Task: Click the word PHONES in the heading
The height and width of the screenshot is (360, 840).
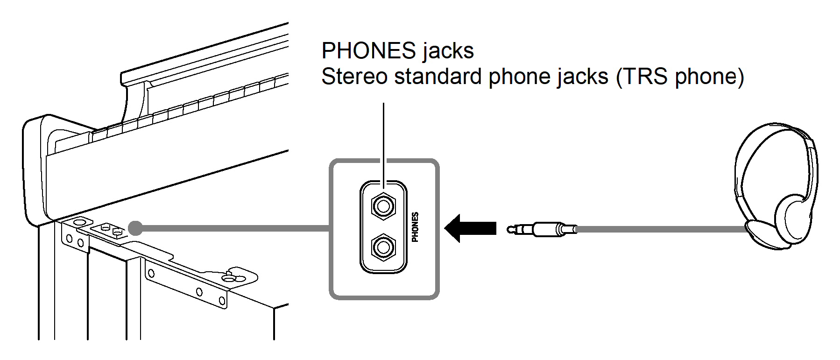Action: (368, 50)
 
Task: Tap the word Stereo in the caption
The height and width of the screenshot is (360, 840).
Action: (354, 77)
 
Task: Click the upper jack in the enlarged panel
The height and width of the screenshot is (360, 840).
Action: (383, 205)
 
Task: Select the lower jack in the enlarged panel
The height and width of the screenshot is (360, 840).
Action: (383, 247)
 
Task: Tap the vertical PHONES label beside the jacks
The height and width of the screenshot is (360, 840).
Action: (415, 227)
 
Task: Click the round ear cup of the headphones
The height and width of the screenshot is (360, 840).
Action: (794, 217)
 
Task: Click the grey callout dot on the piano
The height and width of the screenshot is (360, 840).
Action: (135, 228)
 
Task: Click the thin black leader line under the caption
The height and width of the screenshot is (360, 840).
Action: (383, 140)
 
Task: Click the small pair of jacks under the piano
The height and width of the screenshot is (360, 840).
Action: (111, 229)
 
